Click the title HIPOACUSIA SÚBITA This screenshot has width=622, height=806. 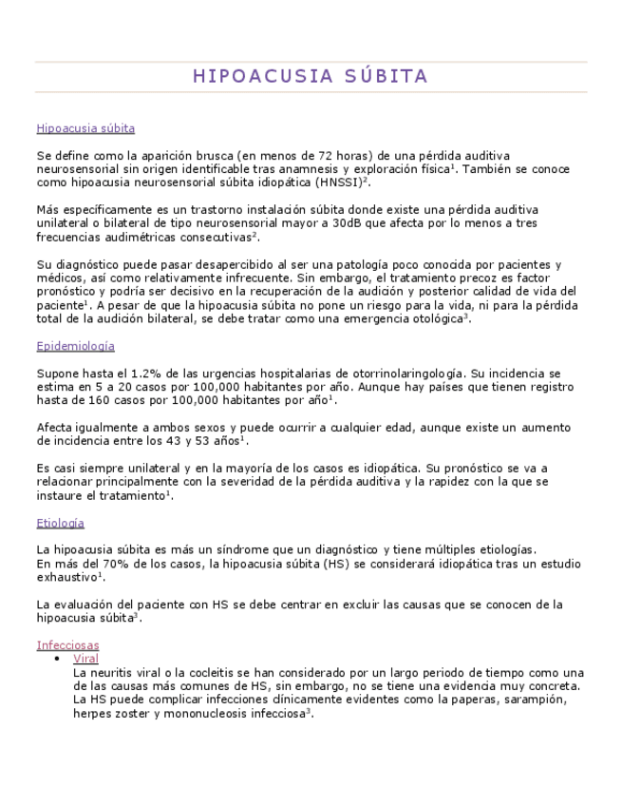point(311,76)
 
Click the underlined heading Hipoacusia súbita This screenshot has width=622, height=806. point(85,128)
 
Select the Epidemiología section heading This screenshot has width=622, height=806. point(75,347)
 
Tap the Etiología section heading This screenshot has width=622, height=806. point(60,523)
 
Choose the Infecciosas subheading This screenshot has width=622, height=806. point(67,645)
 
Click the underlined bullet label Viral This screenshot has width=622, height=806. point(85,659)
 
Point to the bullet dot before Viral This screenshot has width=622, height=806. point(59,659)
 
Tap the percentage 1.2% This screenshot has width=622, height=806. point(126,374)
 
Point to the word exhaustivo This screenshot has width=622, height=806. point(66,577)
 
